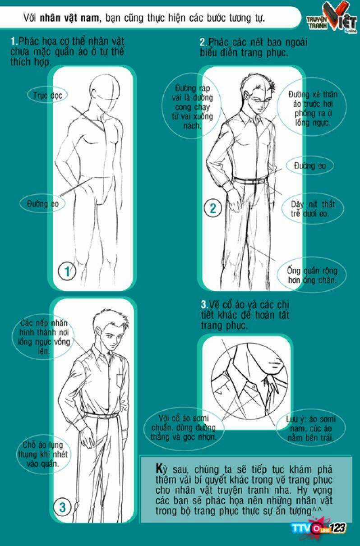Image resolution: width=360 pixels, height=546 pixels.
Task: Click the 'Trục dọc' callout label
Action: [47, 95]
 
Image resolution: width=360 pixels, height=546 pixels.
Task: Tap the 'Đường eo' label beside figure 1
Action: [43, 203]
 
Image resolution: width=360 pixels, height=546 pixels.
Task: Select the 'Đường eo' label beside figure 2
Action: [310, 166]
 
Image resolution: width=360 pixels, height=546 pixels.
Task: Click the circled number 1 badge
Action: [67, 271]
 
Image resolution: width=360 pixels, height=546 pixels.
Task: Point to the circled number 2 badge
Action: [213, 208]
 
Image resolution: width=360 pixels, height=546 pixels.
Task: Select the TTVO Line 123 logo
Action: [319, 528]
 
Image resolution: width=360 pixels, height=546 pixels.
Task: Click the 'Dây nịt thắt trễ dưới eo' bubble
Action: [313, 209]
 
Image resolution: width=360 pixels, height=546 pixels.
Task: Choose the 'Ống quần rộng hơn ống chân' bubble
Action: [312, 275]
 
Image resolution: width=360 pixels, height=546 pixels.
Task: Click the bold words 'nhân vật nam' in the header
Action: [69, 18]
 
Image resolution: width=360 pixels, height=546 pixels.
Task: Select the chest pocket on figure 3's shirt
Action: [120, 381]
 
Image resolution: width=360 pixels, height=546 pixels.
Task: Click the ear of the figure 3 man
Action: [99, 332]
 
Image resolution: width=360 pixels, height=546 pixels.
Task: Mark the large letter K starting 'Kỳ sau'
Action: [159, 468]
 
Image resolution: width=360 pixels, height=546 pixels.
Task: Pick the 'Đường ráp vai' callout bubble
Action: [192, 106]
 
